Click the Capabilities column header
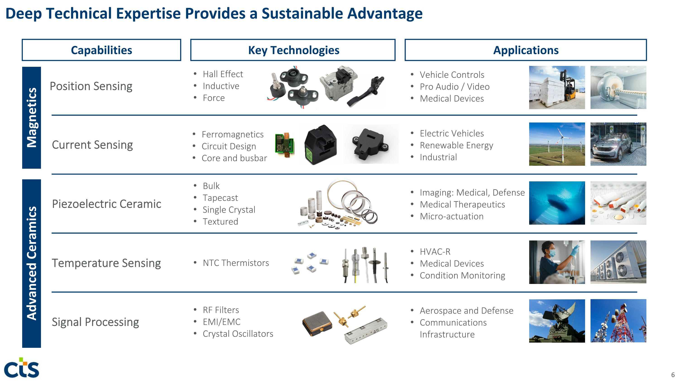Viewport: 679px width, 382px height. [101, 50]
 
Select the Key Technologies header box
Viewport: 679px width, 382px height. [293, 50]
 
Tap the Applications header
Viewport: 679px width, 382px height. [526, 50]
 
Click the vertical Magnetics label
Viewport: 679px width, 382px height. [32, 118]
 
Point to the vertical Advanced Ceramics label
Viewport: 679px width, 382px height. [32, 263]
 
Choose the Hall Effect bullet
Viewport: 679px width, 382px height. [223, 74]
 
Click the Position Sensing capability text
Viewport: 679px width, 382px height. [91, 86]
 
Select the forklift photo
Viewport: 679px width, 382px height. [557, 88]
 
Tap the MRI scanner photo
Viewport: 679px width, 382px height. [618, 88]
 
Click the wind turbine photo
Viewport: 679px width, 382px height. [557, 144]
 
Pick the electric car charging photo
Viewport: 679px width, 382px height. [618, 144]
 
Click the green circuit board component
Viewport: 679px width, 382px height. [285, 145]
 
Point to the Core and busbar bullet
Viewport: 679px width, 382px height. [234, 158]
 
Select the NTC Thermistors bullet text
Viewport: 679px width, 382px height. [236, 263]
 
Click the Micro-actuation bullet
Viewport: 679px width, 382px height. [452, 216]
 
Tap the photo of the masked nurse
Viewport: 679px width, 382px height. [557, 262]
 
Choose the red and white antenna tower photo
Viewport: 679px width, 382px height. [618, 321]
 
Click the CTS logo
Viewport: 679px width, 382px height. [22, 368]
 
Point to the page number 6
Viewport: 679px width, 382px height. [673, 375]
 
